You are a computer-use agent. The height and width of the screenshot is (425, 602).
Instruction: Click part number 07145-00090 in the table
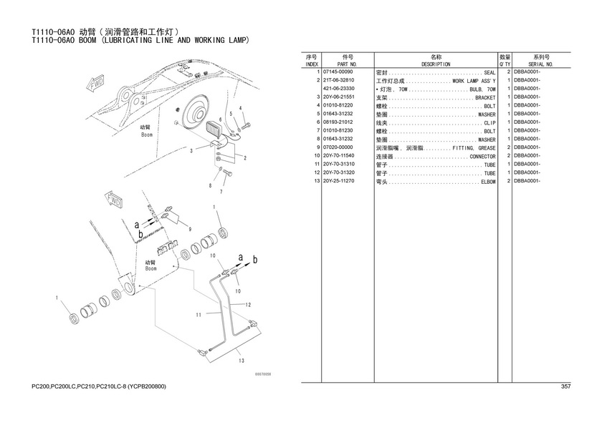(338, 72)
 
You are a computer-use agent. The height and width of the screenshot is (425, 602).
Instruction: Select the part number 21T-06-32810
(340, 81)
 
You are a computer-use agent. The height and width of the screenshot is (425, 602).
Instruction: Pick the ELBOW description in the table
(487, 182)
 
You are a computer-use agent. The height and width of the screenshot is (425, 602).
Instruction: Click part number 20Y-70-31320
(339, 172)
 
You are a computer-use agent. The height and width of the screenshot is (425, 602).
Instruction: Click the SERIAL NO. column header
(541, 64)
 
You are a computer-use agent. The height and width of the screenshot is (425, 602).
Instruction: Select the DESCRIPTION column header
(436, 64)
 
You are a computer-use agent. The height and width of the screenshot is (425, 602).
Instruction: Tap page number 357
(565, 387)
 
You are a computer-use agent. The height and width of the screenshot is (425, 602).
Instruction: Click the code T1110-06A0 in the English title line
(54, 40)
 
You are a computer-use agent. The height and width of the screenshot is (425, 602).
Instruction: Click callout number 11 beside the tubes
(198, 314)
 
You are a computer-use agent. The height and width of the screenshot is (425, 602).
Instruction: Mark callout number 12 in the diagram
(248, 305)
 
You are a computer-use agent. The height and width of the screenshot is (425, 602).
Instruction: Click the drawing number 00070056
(264, 373)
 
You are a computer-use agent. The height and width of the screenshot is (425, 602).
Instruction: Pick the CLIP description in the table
(489, 122)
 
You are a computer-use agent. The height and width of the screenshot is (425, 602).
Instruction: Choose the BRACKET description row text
(485, 97)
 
